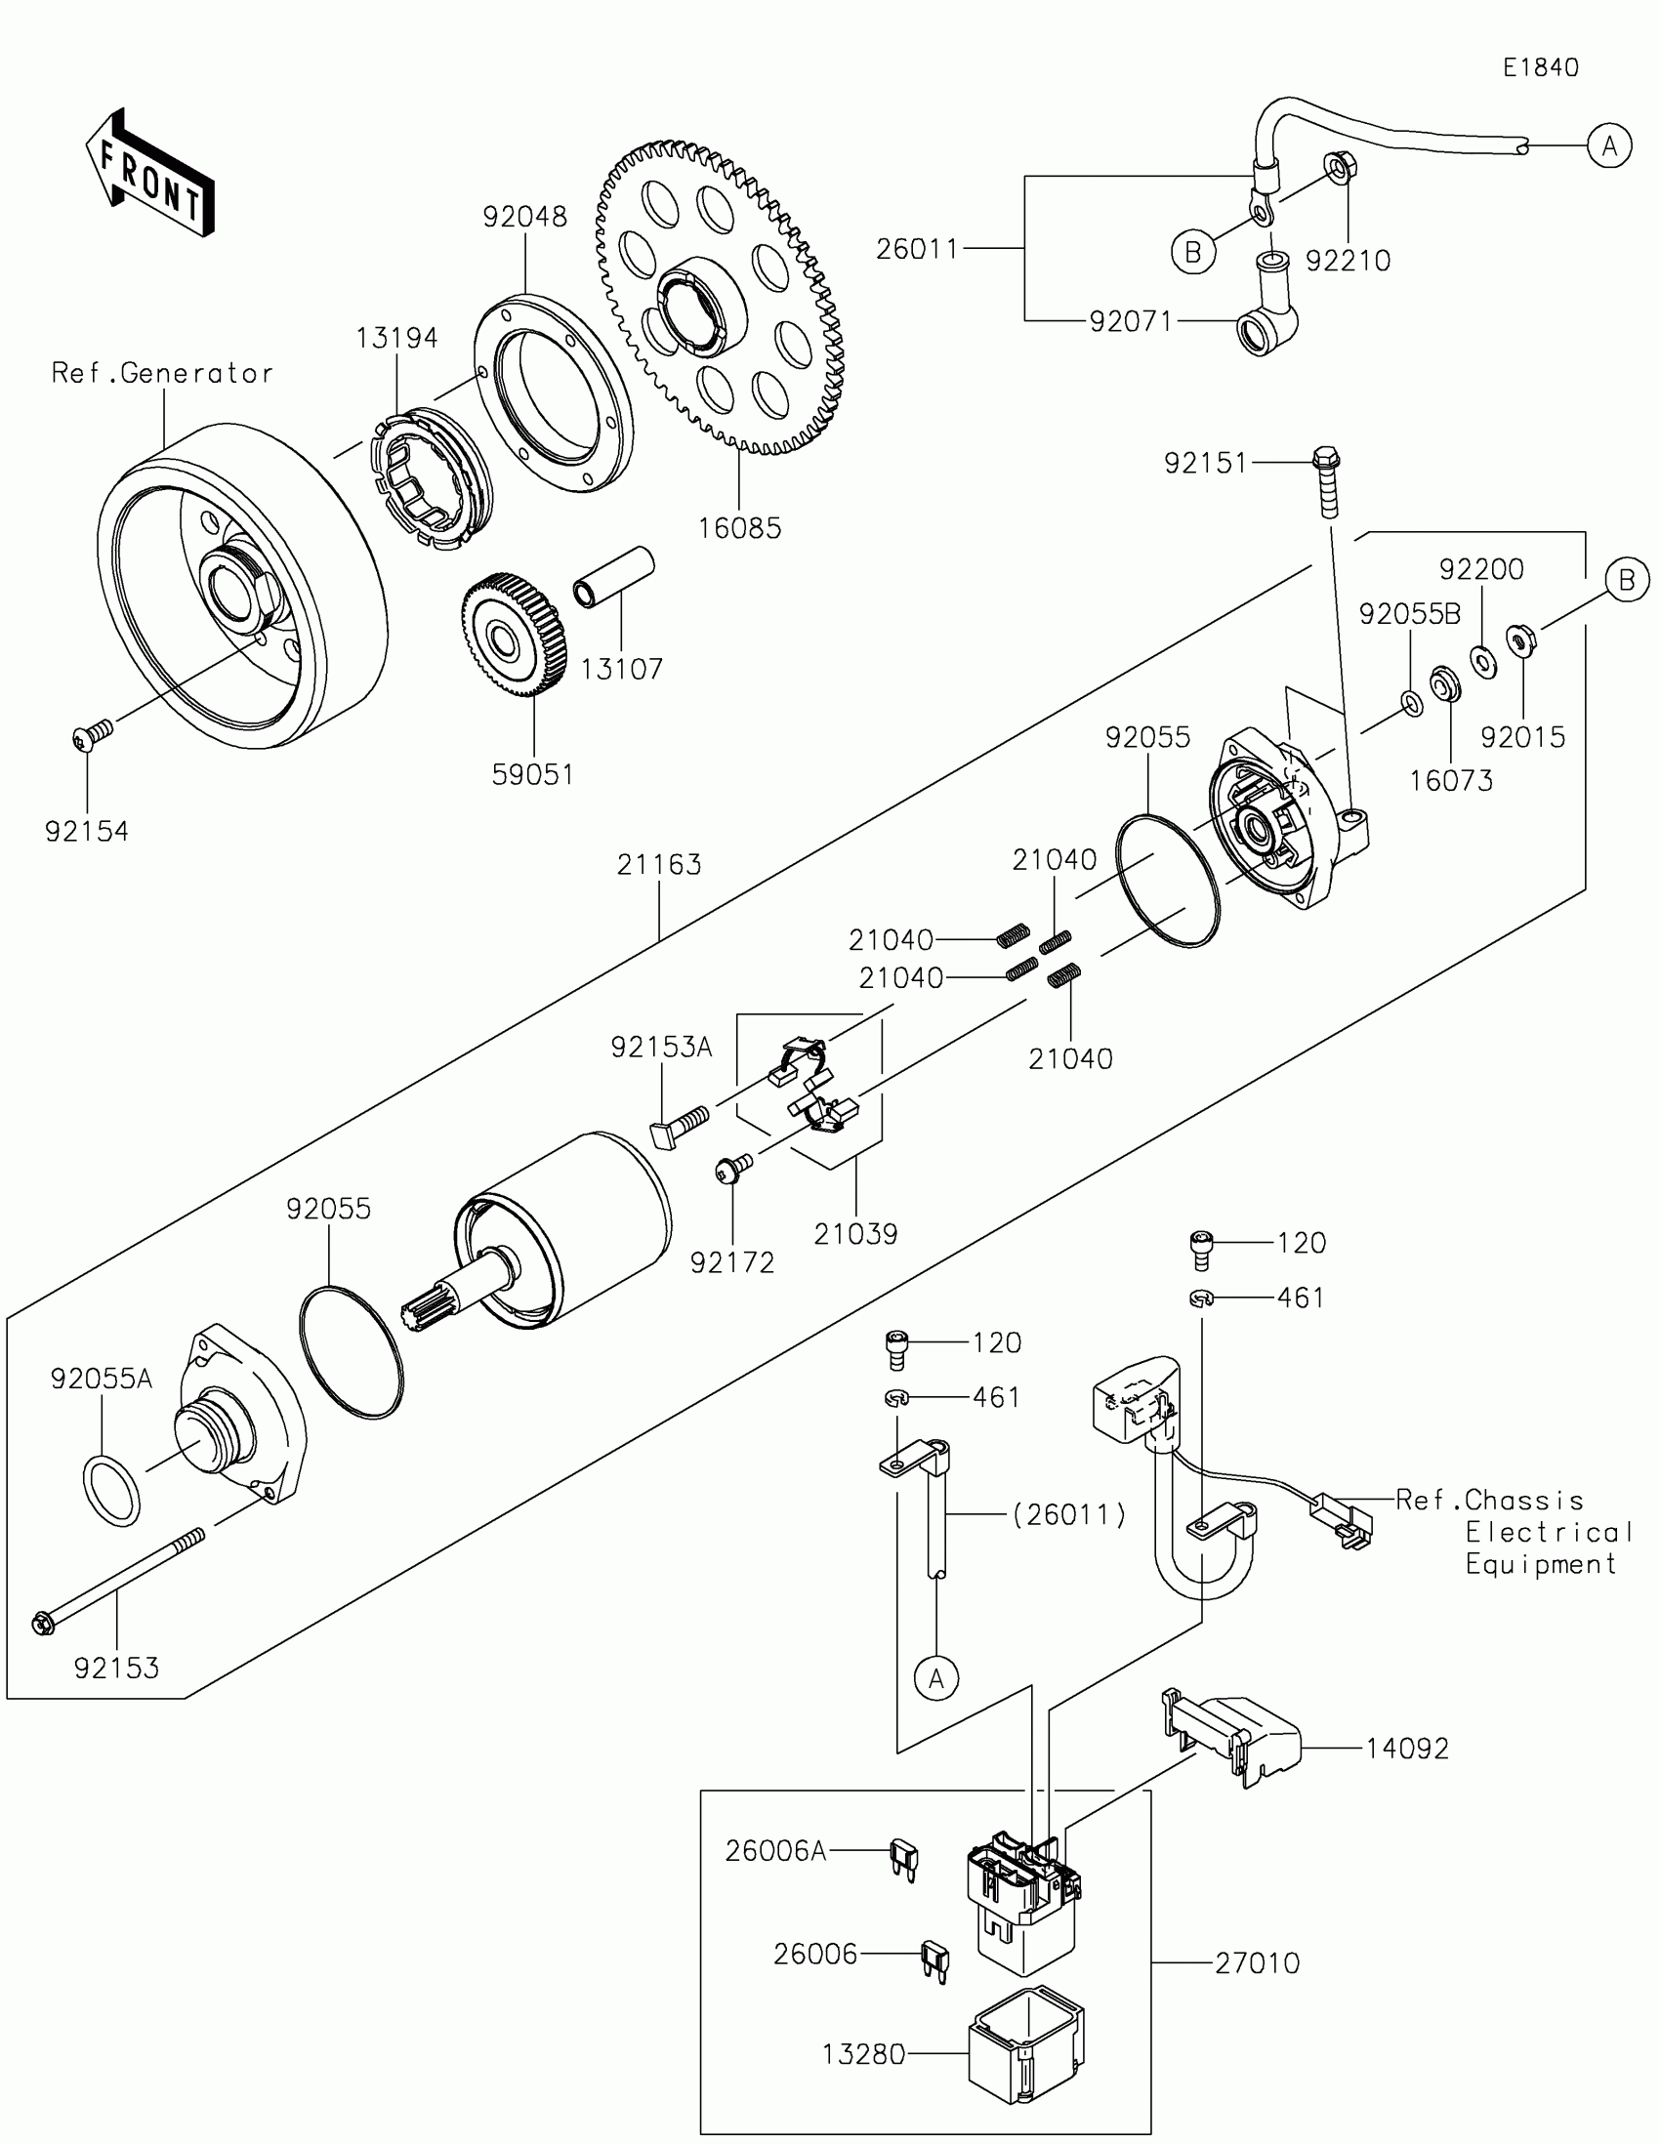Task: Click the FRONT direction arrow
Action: click(x=150, y=173)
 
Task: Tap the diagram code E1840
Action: click(x=1540, y=66)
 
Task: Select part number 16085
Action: click(x=740, y=528)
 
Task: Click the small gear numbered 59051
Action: click(x=513, y=636)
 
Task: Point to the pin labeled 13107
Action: click(x=613, y=576)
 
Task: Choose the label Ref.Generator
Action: click(x=162, y=373)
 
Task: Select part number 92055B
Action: click(x=1410, y=613)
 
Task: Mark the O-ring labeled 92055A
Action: click(x=110, y=1492)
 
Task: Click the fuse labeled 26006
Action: click(x=934, y=1961)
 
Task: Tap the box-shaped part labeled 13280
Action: click(x=1027, y=2045)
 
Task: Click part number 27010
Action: click(x=1257, y=1963)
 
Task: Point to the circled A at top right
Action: click(x=1610, y=146)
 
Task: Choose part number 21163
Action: click(x=659, y=865)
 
